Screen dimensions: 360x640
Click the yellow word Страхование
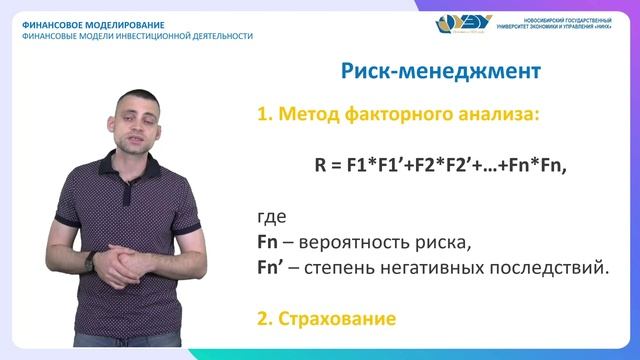[333, 319]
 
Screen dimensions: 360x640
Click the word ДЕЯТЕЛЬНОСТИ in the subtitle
[218, 36]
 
